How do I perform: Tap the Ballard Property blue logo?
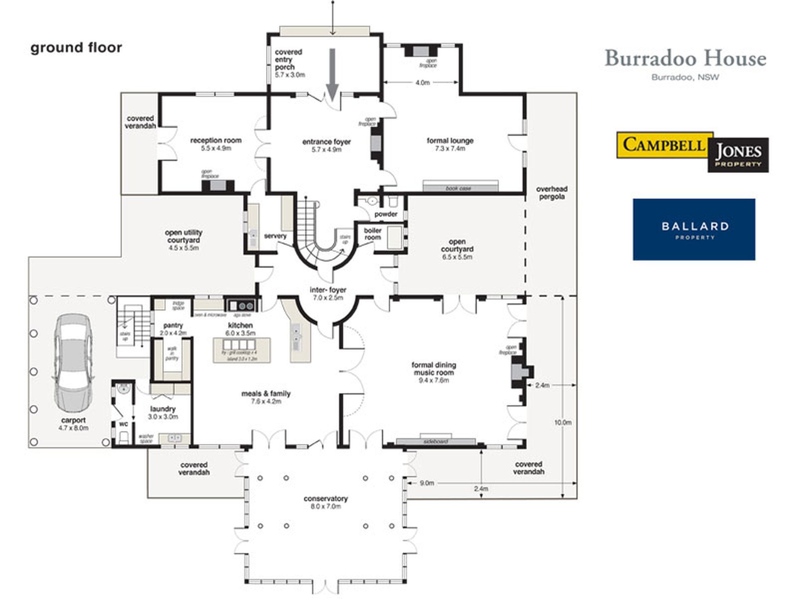coord(694,230)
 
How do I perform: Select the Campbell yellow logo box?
coord(664,145)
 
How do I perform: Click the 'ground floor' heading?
coord(76,48)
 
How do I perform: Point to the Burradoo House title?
coord(685,58)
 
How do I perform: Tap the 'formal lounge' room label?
coord(450,141)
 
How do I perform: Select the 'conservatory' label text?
coord(325,498)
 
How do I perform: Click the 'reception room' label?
coord(216,141)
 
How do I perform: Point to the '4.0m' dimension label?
coord(422,83)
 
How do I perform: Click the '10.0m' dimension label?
coord(563,422)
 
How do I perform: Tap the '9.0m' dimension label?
coord(427,483)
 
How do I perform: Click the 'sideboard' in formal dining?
coord(435,441)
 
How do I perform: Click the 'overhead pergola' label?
coord(552,193)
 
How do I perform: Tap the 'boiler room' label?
coord(372,234)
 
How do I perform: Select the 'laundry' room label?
coord(163,409)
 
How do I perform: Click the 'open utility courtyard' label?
coord(183,236)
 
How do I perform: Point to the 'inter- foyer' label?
coord(328,290)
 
